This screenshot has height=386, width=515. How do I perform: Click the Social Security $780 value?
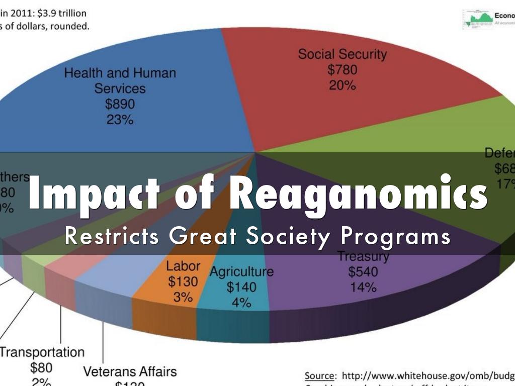(342, 69)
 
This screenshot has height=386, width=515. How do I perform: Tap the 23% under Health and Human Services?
(120, 120)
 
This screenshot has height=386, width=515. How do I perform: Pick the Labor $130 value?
(183, 281)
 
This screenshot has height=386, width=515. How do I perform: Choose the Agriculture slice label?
(241, 272)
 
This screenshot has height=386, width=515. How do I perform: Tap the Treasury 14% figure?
(363, 287)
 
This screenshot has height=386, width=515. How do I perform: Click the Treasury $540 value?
(363, 272)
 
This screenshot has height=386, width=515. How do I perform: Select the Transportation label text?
(42, 352)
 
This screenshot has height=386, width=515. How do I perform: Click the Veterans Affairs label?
(130, 371)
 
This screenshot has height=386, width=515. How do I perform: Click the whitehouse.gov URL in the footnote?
(427, 375)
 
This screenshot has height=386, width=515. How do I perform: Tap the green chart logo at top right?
(477, 19)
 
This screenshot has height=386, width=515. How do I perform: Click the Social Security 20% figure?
(342, 85)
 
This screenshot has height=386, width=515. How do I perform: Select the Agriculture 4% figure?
(241, 303)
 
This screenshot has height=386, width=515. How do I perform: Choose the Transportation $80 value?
(41, 368)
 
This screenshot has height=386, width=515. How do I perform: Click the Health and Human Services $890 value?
(120, 104)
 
